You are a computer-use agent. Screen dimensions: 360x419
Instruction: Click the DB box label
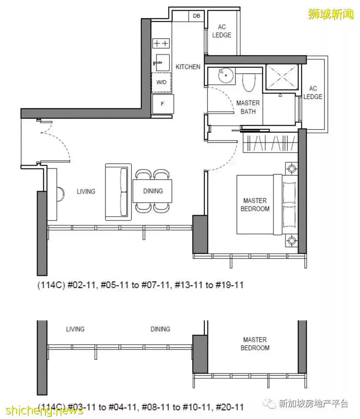coord(197,16)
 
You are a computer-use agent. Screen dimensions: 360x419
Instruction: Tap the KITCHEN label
coord(188,67)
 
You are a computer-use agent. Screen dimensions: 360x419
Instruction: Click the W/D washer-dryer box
coord(161,82)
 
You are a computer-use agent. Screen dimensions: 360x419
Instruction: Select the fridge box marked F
coord(162,104)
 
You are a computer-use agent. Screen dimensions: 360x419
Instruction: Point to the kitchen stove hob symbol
coord(161,43)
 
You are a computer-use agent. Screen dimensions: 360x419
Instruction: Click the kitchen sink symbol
coord(161,63)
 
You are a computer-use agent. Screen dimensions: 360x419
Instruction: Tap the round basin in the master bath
coord(226,75)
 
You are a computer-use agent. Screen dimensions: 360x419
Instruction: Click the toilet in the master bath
coord(249,82)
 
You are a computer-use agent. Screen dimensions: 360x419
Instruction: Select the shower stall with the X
coord(282,76)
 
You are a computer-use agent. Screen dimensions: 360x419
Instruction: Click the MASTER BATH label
coord(248,107)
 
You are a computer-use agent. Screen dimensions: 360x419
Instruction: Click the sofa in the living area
coord(118,192)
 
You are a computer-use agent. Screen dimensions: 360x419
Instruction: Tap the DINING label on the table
coord(153,191)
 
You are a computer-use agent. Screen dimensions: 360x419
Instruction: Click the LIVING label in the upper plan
coord(86,192)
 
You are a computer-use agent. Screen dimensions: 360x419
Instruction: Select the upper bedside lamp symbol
coord(291,169)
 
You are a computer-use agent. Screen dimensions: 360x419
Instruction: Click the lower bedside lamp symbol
coord(291,240)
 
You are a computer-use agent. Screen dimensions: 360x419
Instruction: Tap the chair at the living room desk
coord(61,194)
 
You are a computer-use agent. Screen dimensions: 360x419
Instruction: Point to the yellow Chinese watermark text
coord(331,14)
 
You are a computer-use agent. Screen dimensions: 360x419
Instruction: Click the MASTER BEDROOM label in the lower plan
coord(255,344)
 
